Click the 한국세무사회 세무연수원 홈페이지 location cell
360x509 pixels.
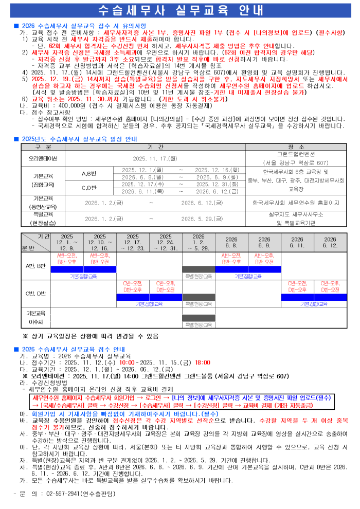[x=296, y=203]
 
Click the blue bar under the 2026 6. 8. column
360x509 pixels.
[x=231, y=269]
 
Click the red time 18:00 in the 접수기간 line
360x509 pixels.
[x=202, y=361]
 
